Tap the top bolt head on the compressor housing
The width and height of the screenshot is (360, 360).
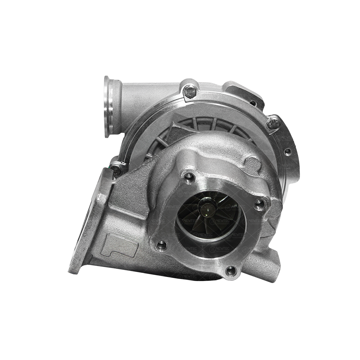click(190, 91)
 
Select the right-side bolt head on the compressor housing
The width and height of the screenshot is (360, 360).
click(273, 123)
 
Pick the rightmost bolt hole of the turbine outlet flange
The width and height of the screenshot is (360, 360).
click(260, 204)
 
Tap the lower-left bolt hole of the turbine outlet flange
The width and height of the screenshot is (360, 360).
click(162, 246)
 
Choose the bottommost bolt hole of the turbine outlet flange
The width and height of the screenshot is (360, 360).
click(231, 270)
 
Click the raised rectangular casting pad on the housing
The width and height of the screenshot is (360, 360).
click(119, 245)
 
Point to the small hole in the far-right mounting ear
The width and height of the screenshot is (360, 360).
click(287, 151)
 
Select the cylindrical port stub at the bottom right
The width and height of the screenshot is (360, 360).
click(267, 263)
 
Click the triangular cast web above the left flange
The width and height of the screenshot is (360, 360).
click(132, 187)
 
